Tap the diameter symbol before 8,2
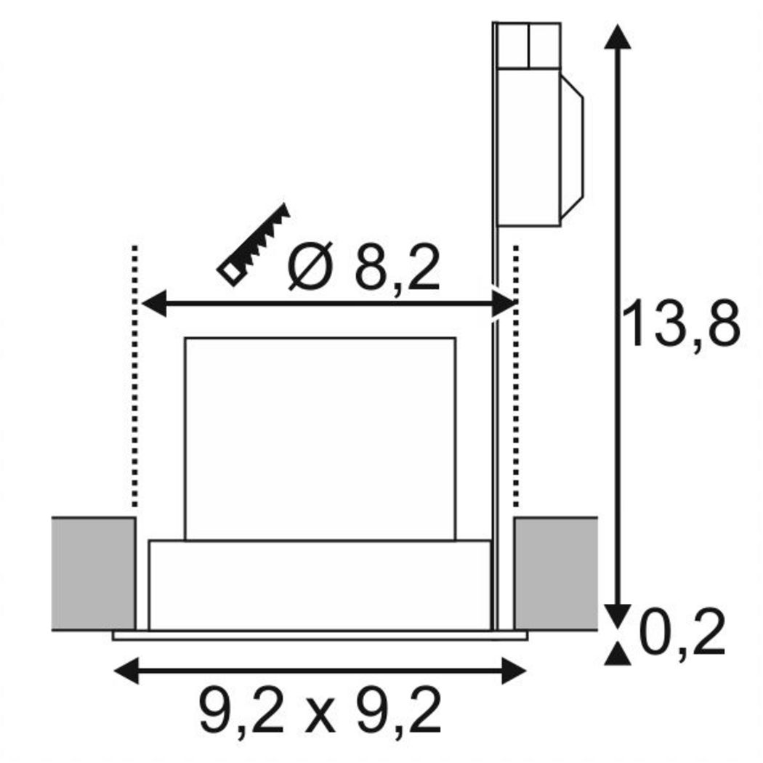tap(310, 266)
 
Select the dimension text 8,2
tap(397, 268)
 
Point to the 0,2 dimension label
tap(682, 631)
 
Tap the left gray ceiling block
tap(93, 574)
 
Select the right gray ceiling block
tap(556, 574)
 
